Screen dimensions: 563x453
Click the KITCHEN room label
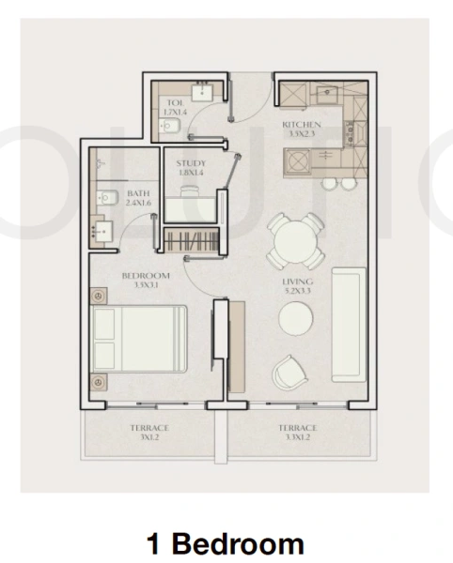[x=302, y=124]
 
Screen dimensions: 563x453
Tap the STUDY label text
[x=191, y=163]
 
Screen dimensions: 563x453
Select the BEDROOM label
[x=145, y=275]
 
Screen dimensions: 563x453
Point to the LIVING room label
[x=297, y=281]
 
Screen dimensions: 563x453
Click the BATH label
[x=138, y=195]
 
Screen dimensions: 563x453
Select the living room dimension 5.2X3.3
[x=297, y=292]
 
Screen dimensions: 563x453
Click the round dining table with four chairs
[x=290, y=240]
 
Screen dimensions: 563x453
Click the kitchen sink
[x=329, y=92]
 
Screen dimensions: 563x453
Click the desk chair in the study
[x=190, y=190]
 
